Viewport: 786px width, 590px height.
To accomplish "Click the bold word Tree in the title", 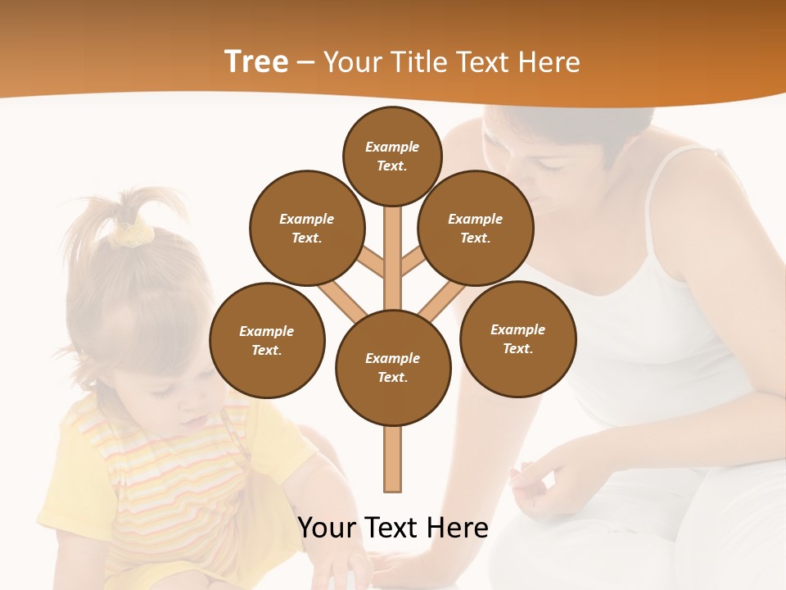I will coord(256,62).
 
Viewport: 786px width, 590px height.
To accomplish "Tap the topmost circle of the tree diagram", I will coord(392,156).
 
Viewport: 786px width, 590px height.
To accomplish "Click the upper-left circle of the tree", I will coord(306,228).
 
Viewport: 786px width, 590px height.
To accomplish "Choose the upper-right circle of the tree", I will coord(475,228).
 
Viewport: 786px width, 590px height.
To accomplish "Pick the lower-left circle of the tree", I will coord(267,340).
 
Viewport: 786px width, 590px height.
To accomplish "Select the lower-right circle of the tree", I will coord(517,338).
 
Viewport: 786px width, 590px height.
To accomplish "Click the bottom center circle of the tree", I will coord(393,367).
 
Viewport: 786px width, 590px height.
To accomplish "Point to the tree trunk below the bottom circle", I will coord(393,459).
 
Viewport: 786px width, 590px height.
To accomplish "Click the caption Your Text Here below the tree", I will coord(393,527).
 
